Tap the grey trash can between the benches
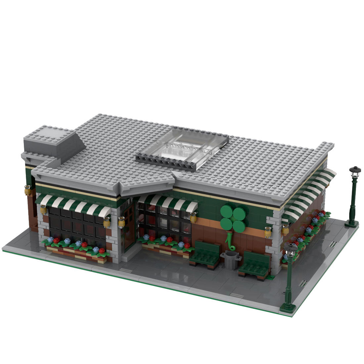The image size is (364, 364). point(231,259)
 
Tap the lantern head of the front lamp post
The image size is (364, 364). point(291,250)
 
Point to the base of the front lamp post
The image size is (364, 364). point(288,308)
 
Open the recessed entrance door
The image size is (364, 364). point(128,225)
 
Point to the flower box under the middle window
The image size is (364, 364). point(165,245)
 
